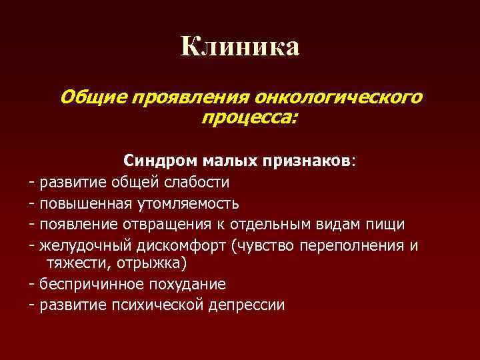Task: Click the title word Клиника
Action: [240, 47]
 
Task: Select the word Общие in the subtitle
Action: [94, 98]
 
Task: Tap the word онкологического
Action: [339, 98]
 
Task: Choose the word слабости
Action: [198, 181]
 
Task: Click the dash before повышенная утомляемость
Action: [32, 203]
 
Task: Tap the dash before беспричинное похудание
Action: [32, 285]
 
